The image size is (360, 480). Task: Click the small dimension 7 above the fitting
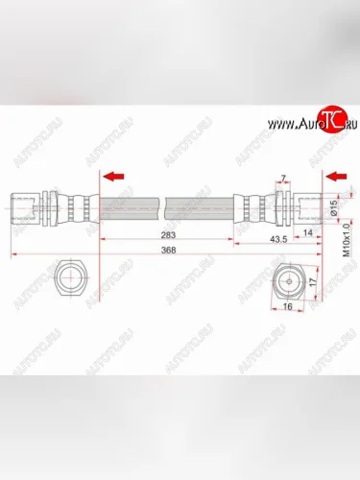(x=283, y=179)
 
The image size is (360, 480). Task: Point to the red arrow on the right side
(x=336, y=177)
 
